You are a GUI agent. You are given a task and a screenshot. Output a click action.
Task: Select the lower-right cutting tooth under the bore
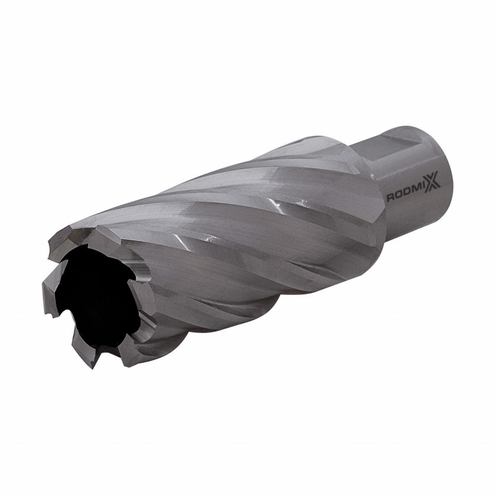(126, 346)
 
